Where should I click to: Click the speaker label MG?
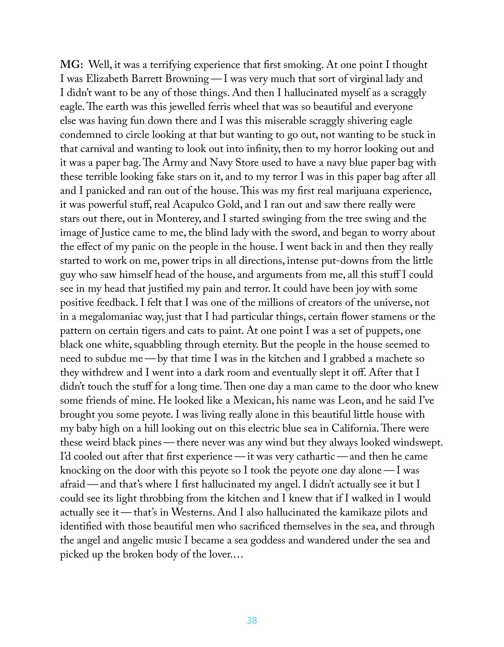point(71,65)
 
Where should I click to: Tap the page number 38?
point(252,620)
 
